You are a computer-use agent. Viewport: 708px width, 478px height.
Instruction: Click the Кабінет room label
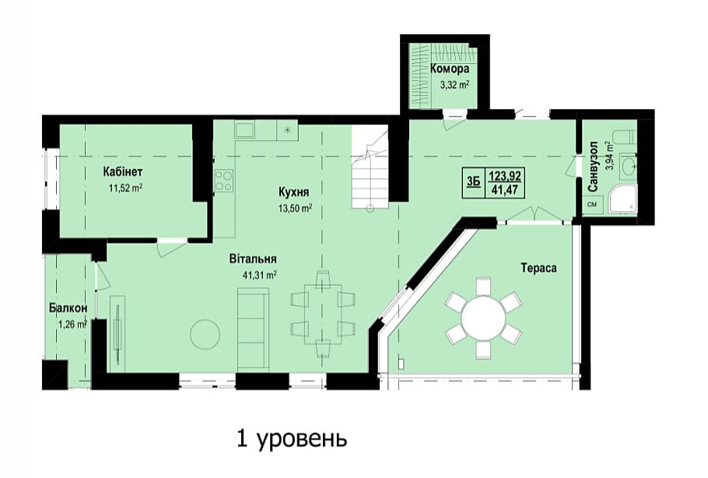123,172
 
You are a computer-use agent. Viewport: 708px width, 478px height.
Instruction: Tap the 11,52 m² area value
125,188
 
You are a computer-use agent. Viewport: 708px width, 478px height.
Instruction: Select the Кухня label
294,193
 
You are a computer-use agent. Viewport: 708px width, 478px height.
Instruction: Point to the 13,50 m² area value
296,209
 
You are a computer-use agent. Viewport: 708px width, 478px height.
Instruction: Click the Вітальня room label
253,259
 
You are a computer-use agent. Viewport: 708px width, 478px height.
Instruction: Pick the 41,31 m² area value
260,275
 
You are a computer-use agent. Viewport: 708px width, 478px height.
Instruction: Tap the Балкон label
68,308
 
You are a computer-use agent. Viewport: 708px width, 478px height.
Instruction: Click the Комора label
449,69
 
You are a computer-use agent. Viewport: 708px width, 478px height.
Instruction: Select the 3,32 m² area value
454,85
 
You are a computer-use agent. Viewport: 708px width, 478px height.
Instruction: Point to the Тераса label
538,268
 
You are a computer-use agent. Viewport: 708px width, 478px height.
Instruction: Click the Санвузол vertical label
593,167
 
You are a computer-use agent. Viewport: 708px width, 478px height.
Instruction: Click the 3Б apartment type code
473,182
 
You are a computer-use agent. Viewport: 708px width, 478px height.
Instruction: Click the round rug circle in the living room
205,335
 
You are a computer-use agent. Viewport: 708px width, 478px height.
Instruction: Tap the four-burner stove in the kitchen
224,181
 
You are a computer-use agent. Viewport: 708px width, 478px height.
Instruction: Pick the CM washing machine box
591,204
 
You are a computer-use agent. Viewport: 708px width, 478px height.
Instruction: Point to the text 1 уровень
292,439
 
